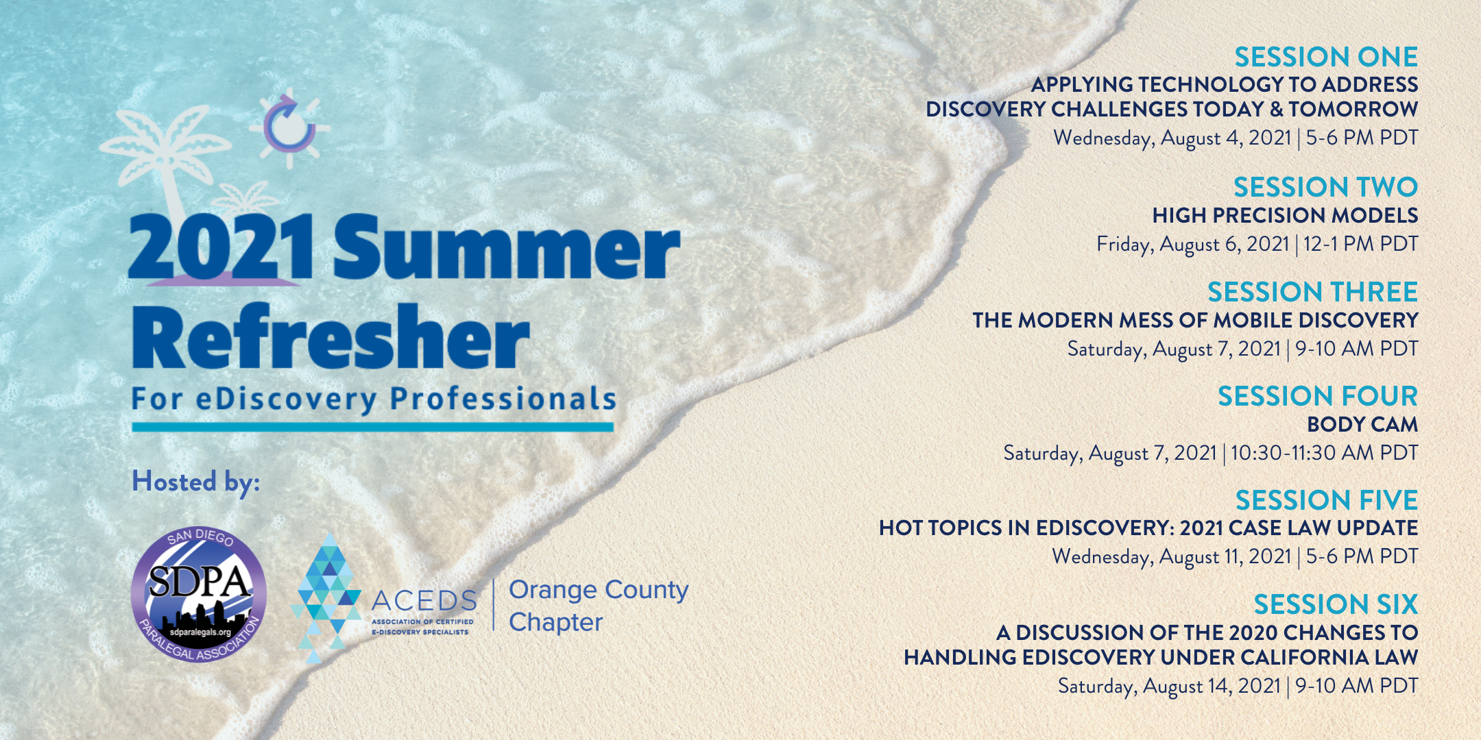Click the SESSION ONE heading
tap(1326, 57)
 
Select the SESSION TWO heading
tap(1325, 187)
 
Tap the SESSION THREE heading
tap(1312, 292)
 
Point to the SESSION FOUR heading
tap(1317, 396)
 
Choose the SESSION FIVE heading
tap(1327, 500)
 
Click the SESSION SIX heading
tap(1336, 604)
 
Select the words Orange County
tap(599, 590)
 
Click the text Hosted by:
tap(196, 482)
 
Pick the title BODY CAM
tap(1362, 425)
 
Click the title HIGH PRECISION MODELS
tap(1285, 216)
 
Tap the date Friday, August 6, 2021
tap(1192, 245)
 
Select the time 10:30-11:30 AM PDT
tap(1324, 453)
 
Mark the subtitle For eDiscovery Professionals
tap(374, 399)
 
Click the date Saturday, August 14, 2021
tap(1169, 687)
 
